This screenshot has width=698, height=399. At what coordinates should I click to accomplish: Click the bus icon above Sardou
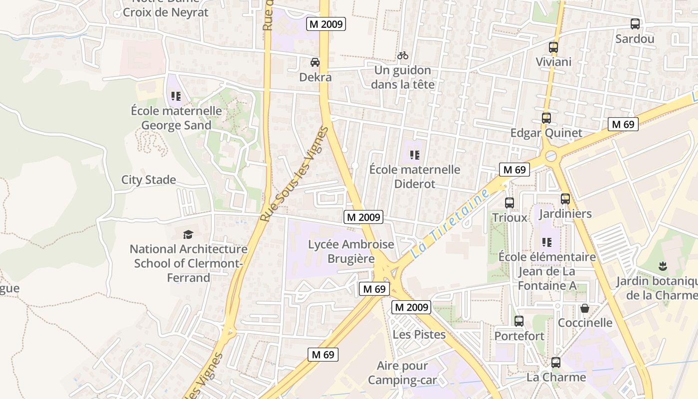[635, 23]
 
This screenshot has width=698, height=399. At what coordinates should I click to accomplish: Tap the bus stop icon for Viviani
[553, 47]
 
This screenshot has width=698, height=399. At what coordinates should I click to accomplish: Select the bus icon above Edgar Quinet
[546, 118]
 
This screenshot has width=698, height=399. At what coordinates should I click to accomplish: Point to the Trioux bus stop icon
[510, 203]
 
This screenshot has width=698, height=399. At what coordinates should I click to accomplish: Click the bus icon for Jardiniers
[565, 199]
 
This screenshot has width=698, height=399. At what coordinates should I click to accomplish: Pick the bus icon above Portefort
[519, 321]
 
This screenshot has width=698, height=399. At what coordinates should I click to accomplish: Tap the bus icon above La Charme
[556, 363]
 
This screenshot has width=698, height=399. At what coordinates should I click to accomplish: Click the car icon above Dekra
[315, 62]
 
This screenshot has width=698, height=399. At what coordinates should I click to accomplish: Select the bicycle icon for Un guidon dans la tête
[403, 55]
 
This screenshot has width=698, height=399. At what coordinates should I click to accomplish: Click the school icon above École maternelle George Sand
[175, 96]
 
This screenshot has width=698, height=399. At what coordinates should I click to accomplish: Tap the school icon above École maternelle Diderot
[414, 155]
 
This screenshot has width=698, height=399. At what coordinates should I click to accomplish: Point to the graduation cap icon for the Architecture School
[188, 234]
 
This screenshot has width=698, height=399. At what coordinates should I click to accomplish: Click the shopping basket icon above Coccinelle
[585, 308]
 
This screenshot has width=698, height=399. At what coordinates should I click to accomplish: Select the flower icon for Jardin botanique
[663, 266]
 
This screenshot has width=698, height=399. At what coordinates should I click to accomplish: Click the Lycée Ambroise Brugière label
[351, 251]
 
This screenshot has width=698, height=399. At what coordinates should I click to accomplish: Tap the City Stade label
[149, 180]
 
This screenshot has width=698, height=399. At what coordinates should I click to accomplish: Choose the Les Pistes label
[419, 334]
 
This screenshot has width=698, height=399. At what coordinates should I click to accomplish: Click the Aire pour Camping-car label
[402, 373]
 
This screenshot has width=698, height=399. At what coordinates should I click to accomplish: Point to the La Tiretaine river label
[450, 224]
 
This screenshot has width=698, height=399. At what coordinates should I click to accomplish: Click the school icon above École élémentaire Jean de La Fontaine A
[547, 242]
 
